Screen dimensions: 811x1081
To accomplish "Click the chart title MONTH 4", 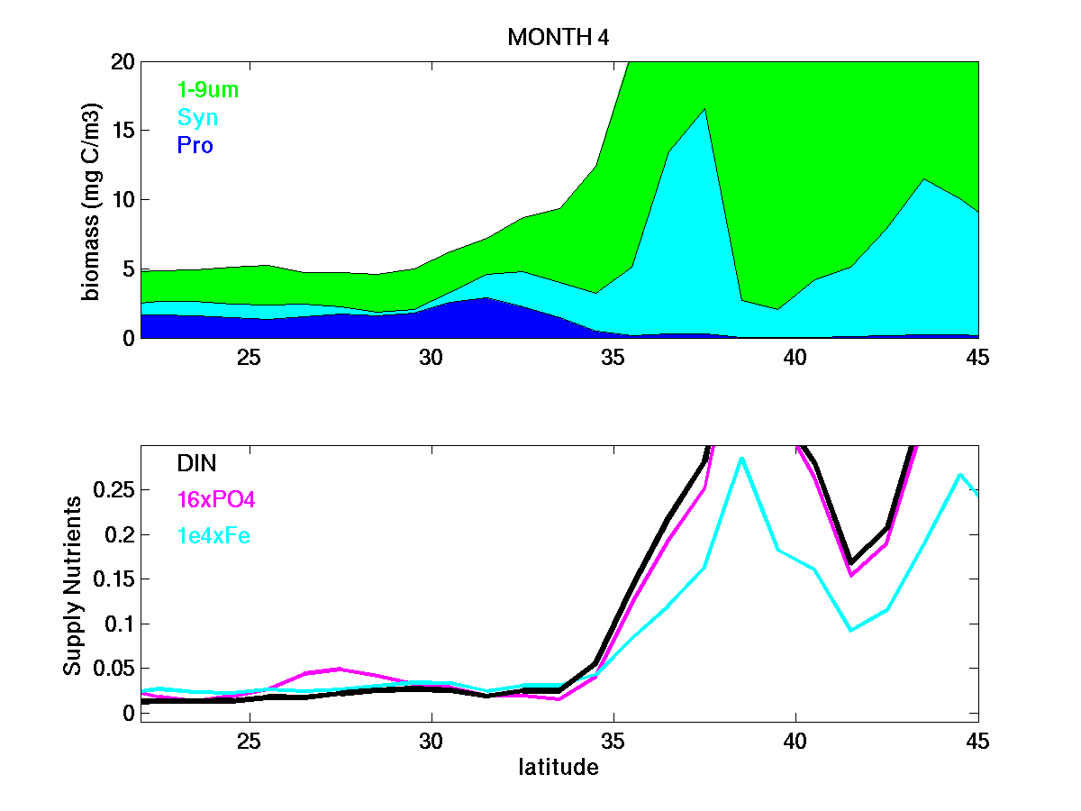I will [558, 37].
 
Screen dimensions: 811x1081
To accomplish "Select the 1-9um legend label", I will [208, 89].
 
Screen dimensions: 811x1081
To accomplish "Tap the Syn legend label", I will [197, 118].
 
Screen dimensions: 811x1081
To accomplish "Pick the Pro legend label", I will [195, 145].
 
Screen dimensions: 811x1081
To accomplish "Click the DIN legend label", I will [196, 463].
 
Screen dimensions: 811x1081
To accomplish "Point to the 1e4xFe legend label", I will [213, 536].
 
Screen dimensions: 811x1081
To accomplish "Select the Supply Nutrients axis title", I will [73, 584].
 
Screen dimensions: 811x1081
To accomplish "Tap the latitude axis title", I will [558, 768].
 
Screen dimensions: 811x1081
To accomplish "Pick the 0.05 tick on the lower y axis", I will [108, 669].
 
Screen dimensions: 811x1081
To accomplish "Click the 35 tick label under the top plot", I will [613, 358].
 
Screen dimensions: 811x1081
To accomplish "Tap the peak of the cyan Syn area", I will [704, 109].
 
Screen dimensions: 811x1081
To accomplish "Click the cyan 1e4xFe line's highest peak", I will [740, 458].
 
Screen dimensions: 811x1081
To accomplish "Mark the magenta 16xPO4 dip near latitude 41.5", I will [850, 575].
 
